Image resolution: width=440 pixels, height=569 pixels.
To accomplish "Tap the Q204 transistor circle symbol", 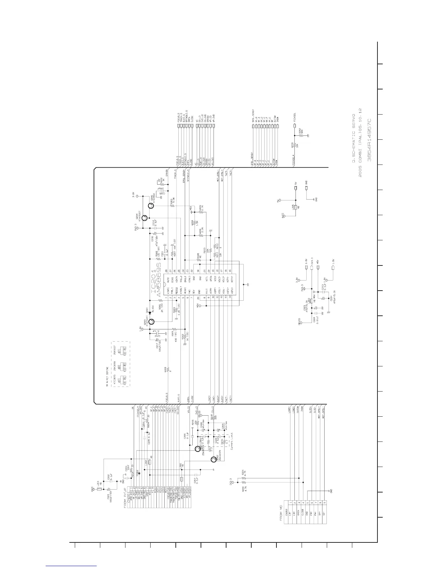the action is coord(145,218).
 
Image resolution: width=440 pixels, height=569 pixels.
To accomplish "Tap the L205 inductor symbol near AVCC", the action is coord(295,208).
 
